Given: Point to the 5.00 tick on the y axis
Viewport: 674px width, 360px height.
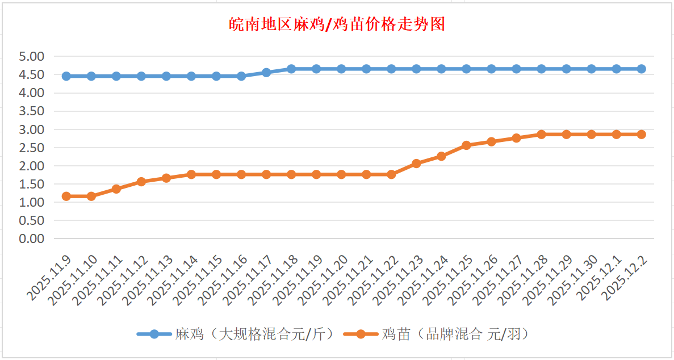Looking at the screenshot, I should coord(31,57).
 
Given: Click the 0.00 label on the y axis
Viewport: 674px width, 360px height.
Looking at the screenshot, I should coord(31,239).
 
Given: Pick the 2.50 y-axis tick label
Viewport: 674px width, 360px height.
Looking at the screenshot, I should coord(31,148).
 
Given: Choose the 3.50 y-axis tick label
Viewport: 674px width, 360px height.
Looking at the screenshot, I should coord(31,111).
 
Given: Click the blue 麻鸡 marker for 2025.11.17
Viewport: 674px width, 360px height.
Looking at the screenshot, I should coord(266,72).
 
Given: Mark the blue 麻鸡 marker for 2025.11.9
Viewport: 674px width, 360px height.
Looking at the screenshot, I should coord(66,76).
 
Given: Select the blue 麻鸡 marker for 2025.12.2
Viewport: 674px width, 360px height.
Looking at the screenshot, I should coord(641,69).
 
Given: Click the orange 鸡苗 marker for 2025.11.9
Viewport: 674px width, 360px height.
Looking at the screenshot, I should coord(66,196).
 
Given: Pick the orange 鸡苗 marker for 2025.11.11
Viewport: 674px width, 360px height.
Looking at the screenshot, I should coord(116,189).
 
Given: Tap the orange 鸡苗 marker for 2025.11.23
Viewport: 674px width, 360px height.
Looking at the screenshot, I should coord(416,164).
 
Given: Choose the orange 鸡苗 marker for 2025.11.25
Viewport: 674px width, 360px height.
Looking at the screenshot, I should coord(466,145).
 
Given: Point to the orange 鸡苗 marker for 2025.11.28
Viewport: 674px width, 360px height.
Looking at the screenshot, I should coord(541,135).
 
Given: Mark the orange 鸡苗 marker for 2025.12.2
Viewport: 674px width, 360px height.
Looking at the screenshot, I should coord(641,135).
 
